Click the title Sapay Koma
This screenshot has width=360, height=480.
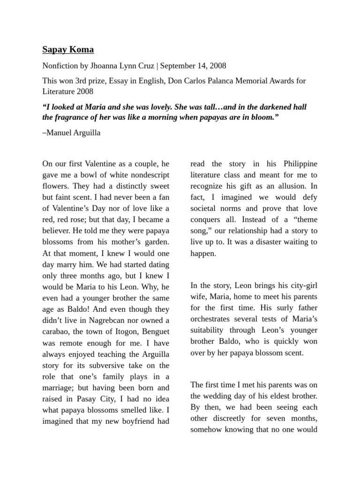(x=68, y=49)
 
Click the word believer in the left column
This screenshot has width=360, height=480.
(x=58, y=231)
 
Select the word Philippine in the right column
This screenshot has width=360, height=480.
(x=300, y=164)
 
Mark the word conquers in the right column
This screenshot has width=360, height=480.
(x=206, y=219)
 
